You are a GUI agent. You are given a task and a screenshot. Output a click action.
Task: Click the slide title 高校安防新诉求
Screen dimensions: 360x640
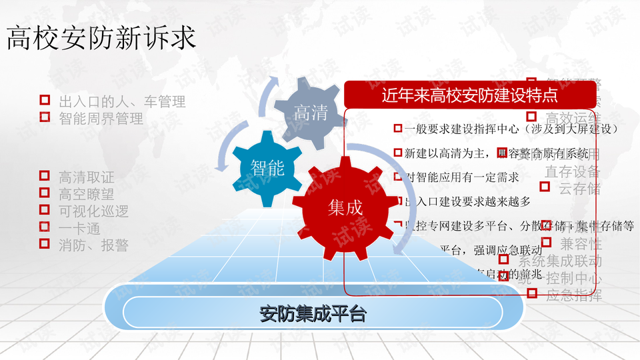point(101,38)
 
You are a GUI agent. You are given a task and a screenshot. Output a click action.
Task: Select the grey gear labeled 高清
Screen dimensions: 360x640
point(311,113)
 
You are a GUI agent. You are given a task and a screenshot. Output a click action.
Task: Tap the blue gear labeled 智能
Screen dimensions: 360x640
point(267,167)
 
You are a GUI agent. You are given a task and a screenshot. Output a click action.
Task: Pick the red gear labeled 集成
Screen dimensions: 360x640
point(345,207)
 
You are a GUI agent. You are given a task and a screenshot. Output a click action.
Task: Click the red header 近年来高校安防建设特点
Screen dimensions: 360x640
point(470,95)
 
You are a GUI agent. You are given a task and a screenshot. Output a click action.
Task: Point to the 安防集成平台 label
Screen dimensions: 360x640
point(313,313)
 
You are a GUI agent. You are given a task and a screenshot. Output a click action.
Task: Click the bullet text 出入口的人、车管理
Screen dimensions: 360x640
point(122,102)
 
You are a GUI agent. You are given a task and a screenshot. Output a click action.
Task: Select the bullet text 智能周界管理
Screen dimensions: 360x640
point(101,119)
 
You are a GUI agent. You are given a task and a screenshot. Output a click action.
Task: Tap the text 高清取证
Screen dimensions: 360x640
point(86,177)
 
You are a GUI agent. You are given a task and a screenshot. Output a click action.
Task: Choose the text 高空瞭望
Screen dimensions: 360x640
point(86,194)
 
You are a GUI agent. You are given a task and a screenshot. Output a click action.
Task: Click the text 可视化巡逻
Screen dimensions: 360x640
point(93,211)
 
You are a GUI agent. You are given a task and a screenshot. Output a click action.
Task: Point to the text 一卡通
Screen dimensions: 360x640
point(79,228)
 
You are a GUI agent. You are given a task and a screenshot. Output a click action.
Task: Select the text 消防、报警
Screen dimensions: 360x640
point(93,245)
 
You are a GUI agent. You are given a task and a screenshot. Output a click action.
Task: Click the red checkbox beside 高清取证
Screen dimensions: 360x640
point(45,177)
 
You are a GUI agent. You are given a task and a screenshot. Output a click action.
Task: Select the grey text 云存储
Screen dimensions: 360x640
point(579,188)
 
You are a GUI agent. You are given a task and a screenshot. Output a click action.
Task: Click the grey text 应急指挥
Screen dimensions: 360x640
point(573,295)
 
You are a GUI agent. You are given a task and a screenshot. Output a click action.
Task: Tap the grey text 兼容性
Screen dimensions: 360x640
point(581,243)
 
